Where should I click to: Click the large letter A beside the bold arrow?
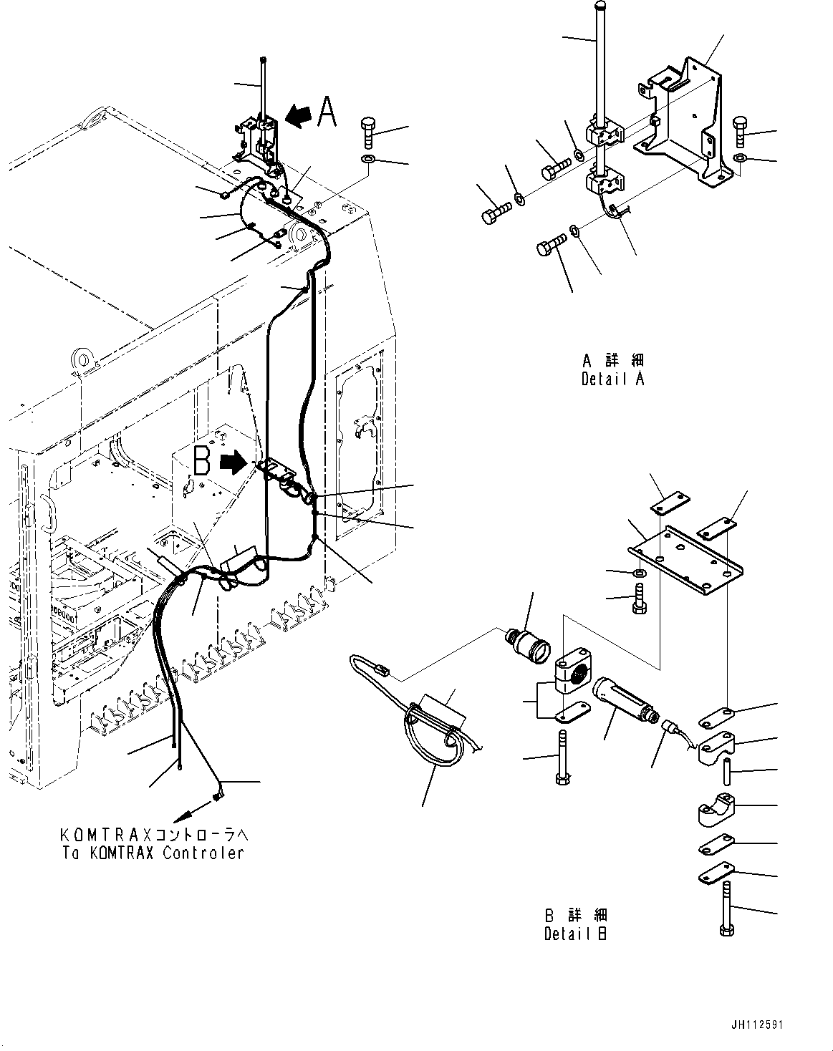[x=327, y=113]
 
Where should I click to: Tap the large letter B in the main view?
[x=202, y=462]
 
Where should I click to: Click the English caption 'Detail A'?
[x=612, y=379]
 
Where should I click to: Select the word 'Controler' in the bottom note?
[x=203, y=853]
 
